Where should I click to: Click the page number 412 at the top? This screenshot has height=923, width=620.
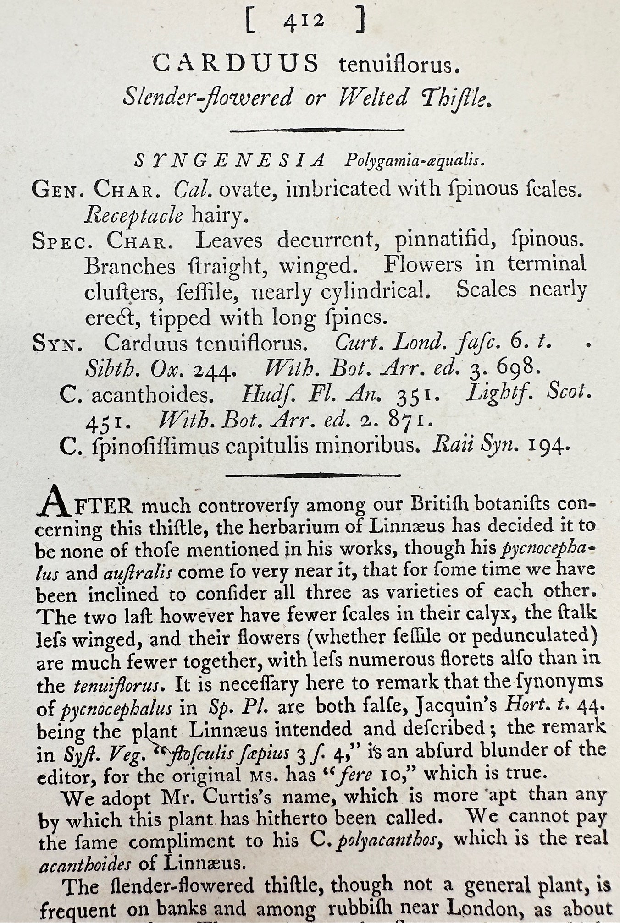[x=304, y=22]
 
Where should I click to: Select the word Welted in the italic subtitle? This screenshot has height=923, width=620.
[x=374, y=98]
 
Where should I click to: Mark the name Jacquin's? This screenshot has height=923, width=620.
[x=455, y=707]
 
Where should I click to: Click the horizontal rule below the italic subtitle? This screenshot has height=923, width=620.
[x=316, y=130]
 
